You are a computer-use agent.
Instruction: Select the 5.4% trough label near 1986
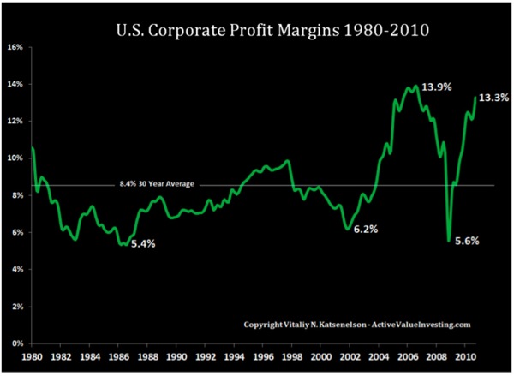click(x=144, y=244)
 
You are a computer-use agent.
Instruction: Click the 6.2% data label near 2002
click(x=367, y=230)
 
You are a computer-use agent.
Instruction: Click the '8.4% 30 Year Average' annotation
click(x=152, y=182)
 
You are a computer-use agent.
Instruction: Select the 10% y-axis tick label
click(x=15, y=158)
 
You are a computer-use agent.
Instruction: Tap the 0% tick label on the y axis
click(x=17, y=343)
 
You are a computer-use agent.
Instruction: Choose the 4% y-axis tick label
click(x=17, y=269)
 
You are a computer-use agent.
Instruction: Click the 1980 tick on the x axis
click(x=31, y=355)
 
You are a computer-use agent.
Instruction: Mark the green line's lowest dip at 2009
click(x=449, y=241)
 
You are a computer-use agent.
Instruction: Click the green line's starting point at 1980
click(x=32, y=148)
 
